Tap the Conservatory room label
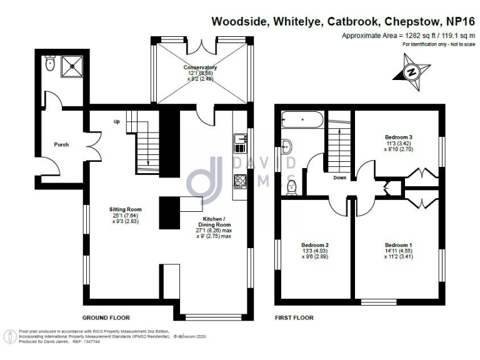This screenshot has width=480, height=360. pyautogui.click(x=200, y=67)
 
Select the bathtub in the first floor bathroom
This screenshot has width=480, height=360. pyautogui.click(x=301, y=119)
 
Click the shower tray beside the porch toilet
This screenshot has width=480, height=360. pyautogui.click(x=71, y=66)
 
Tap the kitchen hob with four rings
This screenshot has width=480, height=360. pyautogui.click(x=240, y=181)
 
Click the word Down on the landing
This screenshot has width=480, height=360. pyautogui.click(x=339, y=177)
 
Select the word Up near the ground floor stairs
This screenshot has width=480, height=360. pyautogui.click(x=116, y=122)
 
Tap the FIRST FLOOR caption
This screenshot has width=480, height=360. pyautogui.click(x=294, y=317)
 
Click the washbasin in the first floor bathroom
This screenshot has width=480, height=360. pyautogui.click(x=288, y=147)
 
